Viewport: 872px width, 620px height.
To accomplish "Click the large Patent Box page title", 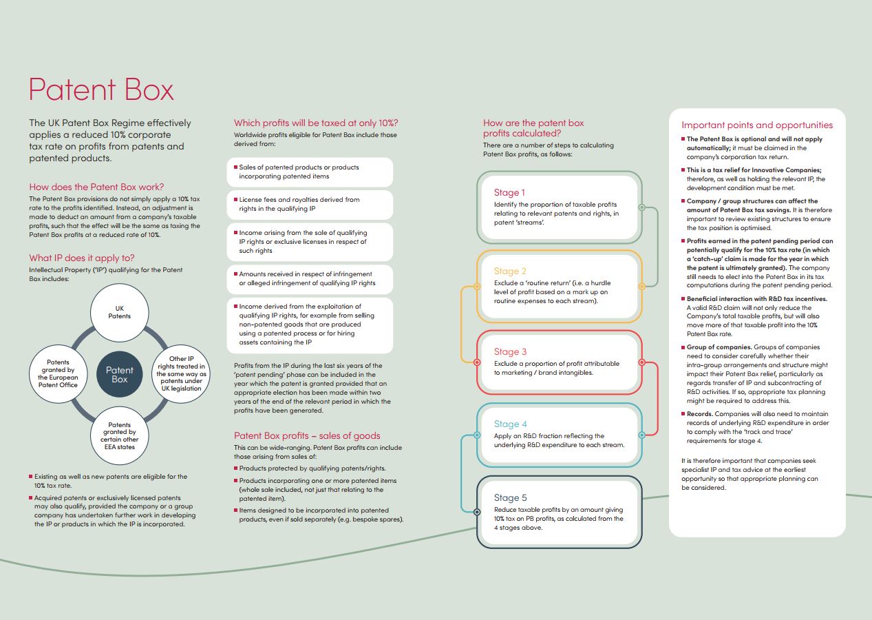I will [101, 90].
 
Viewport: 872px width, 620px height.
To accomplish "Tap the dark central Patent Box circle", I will [120, 375].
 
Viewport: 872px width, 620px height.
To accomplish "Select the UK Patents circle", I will [119, 312].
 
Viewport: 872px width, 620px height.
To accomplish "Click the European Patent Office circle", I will [58, 374].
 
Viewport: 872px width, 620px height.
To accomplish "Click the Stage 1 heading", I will [509, 193].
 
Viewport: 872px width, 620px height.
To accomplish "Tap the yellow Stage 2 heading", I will [510, 271].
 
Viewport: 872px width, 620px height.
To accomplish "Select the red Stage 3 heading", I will [510, 351].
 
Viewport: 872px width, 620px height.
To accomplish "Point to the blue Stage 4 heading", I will [510, 424].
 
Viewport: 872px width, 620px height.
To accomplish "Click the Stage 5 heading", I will [510, 497].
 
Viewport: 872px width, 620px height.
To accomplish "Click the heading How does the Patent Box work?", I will [96, 187].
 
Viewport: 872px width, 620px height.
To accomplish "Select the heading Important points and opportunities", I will [757, 125].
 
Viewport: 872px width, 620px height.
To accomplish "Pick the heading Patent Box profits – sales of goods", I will [307, 435].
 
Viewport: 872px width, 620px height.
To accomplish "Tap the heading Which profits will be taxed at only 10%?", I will [316, 123].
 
